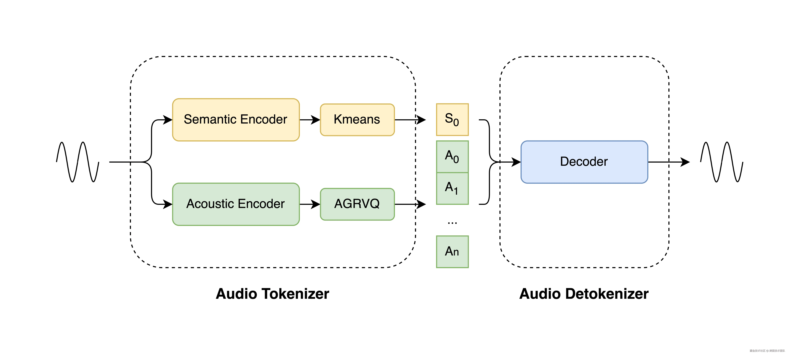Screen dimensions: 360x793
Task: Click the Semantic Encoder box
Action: (236, 120)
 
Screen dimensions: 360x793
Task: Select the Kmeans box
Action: (357, 120)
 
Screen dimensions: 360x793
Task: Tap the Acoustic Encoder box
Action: (236, 204)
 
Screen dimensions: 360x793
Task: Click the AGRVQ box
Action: (357, 204)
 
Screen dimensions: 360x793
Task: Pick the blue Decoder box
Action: (584, 162)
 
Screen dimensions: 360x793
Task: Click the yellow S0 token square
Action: (452, 120)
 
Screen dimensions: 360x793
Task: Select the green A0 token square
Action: (452, 157)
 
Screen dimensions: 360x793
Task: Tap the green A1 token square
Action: (452, 188)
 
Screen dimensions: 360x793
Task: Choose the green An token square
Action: (452, 252)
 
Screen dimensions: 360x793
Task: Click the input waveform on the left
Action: (78, 162)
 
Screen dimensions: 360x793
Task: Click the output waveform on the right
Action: (722, 162)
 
